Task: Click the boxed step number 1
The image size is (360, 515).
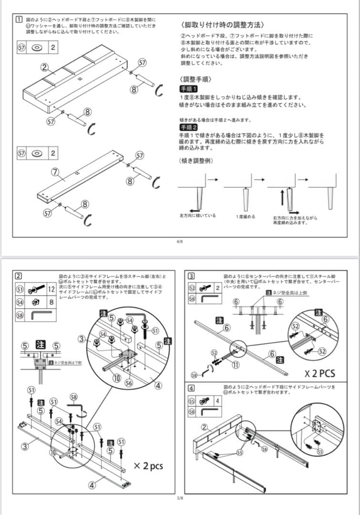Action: point(18,20)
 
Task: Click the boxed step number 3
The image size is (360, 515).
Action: point(191,276)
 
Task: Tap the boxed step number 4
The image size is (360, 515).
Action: point(191,388)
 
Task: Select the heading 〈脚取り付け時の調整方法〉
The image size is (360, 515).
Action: point(223,24)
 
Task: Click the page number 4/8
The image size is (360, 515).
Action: point(180,242)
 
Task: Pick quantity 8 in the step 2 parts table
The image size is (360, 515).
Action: point(51,302)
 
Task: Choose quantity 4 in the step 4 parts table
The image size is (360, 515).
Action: point(218,401)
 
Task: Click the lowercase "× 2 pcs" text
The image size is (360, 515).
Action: point(148,465)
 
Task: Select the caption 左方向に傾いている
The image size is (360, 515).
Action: point(197,216)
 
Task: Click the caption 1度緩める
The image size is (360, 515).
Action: point(246,216)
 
